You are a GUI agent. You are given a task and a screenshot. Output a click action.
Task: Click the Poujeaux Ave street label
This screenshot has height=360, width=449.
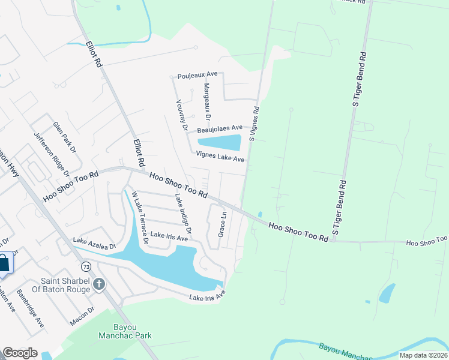click(x=197, y=76)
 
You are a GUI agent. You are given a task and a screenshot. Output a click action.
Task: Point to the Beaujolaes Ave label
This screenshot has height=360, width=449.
click(x=219, y=128)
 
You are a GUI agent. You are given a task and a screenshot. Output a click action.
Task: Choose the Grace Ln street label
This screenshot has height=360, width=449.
click(x=222, y=223)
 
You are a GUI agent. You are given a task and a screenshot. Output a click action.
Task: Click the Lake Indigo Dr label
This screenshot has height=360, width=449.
click(x=182, y=214)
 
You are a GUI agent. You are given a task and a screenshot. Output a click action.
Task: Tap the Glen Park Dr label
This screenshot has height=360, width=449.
click(x=65, y=136)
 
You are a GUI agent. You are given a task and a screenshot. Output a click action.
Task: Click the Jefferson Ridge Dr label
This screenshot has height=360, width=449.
click(x=52, y=154)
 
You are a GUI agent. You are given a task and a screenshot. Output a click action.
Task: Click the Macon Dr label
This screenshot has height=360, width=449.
click(x=82, y=316)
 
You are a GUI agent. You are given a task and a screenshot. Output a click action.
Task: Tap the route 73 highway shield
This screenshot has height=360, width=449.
click(x=86, y=265)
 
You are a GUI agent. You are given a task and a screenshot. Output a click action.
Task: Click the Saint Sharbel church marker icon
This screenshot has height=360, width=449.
click(x=100, y=284)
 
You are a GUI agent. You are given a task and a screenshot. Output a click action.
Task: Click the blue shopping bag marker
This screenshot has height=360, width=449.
click(x=4, y=264)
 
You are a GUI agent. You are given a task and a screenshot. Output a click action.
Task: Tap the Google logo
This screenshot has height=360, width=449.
click(x=20, y=352)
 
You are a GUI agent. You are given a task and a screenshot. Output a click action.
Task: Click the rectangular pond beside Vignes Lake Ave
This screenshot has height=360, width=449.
click(x=218, y=143)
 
